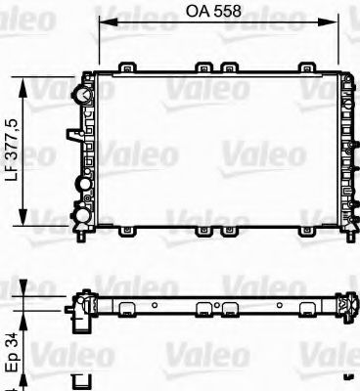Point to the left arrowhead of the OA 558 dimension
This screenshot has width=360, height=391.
[102, 22]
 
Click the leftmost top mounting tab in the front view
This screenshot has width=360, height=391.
[125, 67]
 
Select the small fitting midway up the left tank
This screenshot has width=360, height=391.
[72, 135]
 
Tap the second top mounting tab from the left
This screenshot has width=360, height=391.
[203, 67]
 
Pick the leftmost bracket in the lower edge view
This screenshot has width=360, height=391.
[127, 310]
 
